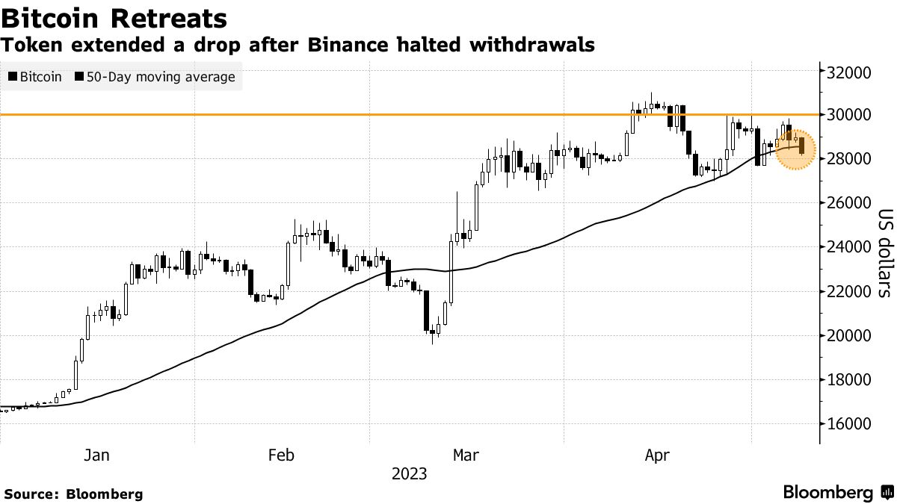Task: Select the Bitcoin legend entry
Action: click(x=35, y=77)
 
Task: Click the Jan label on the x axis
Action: click(x=96, y=455)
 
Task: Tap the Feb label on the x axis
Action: click(x=280, y=455)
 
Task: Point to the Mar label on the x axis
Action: click(x=466, y=455)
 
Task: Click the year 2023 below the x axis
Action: click(x=409, y=474)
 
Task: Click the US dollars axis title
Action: click(x=884, y=253)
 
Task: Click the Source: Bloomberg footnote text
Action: click(x=73, y=494)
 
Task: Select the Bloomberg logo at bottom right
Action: click(x=837, y=493)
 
